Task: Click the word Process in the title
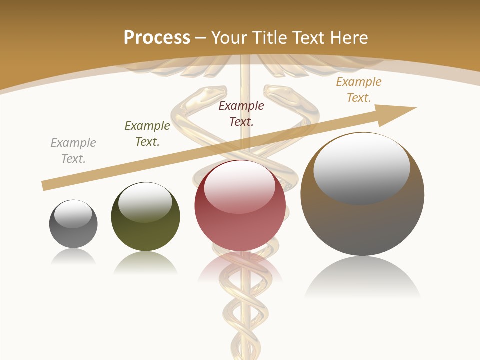point(157,37)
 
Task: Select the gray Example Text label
point(73,151)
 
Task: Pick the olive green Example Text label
point(147,134)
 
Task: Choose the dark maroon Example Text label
point(241,114)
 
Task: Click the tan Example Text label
point(359,90)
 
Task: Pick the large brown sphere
point(362,220)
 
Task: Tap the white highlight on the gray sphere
point(73,214)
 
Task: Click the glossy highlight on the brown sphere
point(362,167)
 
